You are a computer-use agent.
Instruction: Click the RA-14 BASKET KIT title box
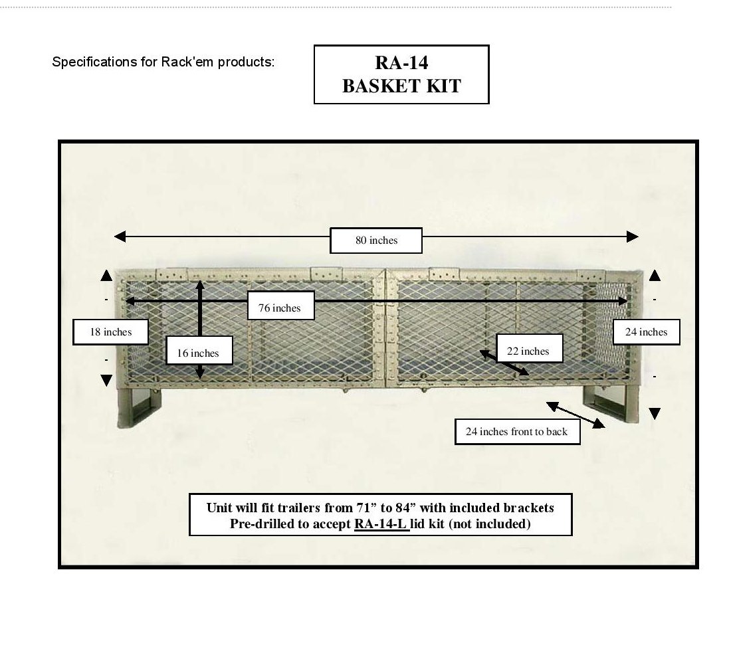tap(401, 74)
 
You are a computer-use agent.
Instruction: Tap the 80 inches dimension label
tap(376, 240)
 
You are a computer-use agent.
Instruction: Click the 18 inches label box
tap(111, 332)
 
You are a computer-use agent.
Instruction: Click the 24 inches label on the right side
tap(646, 332)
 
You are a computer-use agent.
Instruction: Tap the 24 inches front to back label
tap(517, 432)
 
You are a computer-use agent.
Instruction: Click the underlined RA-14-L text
tap(381, 524)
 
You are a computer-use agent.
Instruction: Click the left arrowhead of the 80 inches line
tap(120, 237)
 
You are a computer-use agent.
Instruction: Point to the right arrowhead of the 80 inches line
tap(632, 237)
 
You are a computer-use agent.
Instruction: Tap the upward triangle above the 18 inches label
tap(106, 276)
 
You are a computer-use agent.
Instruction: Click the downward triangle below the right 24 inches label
tap(655, 414)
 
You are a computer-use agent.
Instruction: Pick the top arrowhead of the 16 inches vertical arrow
tap(200, 285)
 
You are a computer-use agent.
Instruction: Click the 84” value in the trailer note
tap(405, 508)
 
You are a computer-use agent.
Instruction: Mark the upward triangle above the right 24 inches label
tap(655, 276)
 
